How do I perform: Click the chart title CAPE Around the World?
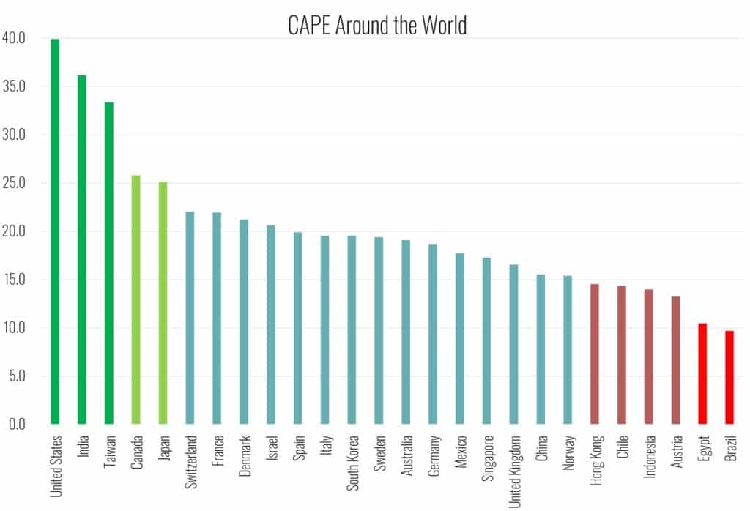pos(376,26)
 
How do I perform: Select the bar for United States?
pos(55,231)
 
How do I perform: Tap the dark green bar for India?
pos(82,250)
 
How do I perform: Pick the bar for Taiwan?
pos(109,264)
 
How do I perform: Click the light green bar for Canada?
pos(135,300)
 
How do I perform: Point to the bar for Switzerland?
pos(190,318)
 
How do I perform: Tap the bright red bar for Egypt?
pos(702,374)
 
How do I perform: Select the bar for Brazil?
pos(729,378)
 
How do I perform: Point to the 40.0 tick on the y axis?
pos(15,38)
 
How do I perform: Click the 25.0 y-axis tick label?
pos(15,183)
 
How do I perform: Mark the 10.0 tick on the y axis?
pos(15,328)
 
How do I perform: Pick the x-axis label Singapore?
pos(487,460)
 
